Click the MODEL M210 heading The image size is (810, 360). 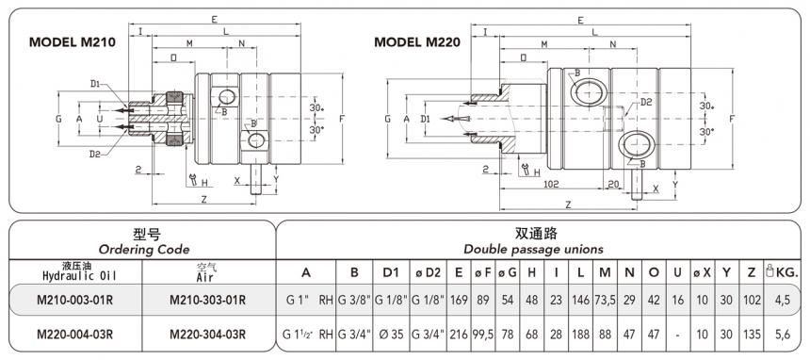point(73,42)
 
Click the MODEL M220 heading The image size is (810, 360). point(418,42)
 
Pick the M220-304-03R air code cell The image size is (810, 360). point(207,334)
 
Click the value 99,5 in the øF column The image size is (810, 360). point(484,334)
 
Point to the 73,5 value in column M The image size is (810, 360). point(604,301)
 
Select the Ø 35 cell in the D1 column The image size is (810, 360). point(390,334)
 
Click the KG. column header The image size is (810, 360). point(785,272)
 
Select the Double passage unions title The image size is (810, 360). point(533,249)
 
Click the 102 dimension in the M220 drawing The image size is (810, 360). point(553,185)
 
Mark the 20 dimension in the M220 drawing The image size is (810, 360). point(613,185)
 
